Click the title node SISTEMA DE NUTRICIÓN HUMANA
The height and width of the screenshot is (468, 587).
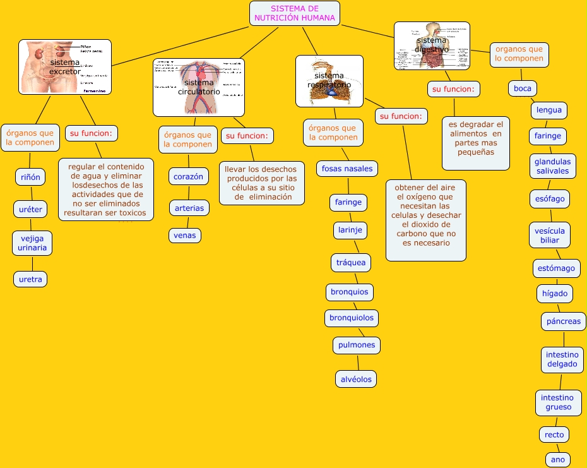click(x=295, y=13)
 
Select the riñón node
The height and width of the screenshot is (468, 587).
click(x=30, y=177)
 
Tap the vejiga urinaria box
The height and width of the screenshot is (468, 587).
click(x=33, y=243)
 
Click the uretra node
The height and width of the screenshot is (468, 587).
click(x=30, y=279)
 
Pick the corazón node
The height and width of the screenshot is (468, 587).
click(x=189, y=177)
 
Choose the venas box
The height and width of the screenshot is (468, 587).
click(x=185, y=236)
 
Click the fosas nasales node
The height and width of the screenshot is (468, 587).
click(x=348, y=169)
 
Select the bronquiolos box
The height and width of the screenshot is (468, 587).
click(x=352, y=318)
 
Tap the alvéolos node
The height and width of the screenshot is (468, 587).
click(x=357, y=379)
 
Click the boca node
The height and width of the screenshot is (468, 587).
click(x=523, y=88)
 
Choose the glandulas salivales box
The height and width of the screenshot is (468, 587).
click(x=553, y=166)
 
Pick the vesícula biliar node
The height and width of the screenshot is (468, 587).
click(x=550, y=236)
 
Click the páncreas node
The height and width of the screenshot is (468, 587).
click(x=564, y=321)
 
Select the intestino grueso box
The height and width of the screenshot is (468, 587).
click(x=557, y=402)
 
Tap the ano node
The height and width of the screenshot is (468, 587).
click(x=558, y=460)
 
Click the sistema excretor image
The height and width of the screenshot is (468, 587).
click(x=65, y=67)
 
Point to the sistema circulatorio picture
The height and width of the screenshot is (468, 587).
click(x=199, y=87)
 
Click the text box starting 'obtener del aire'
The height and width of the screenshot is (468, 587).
click(x=426, y=220)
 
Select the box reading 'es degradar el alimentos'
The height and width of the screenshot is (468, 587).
click(x=476, y=143)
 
